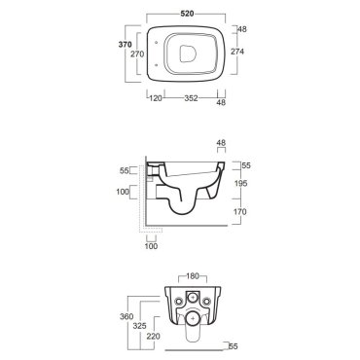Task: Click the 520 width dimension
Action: click(187, 14)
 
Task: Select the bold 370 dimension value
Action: click(125, 45)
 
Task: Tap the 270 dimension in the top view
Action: click(137, 54)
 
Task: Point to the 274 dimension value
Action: click(237, 52)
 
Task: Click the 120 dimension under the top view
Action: click(156, 98)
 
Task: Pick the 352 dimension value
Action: click(191, 98)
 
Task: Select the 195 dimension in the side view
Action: click(240, 183)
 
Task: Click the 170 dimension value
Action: click(240, 212)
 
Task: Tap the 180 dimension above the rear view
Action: click(193, 276)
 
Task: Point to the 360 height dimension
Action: click(126, 316)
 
